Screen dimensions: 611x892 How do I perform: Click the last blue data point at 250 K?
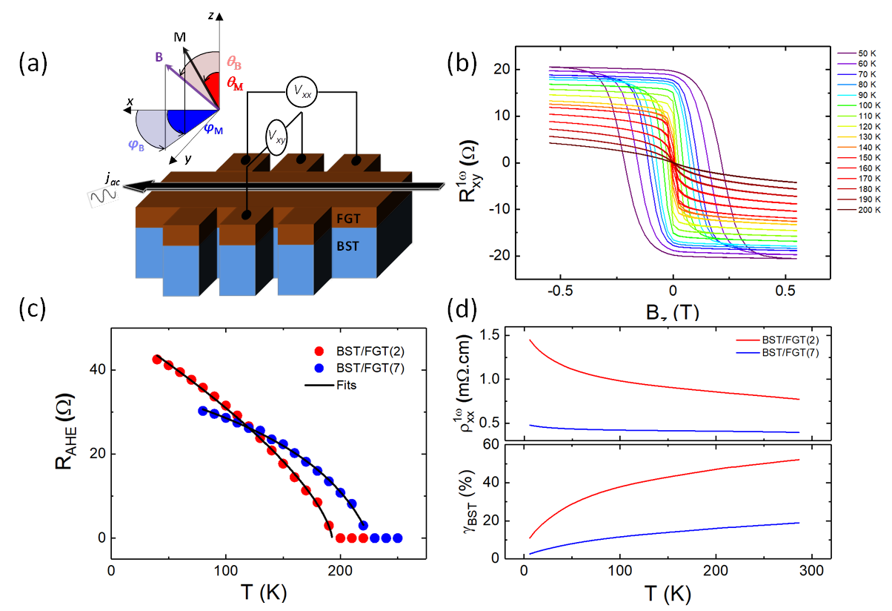398,538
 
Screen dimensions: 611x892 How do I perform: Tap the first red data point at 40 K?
157,359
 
